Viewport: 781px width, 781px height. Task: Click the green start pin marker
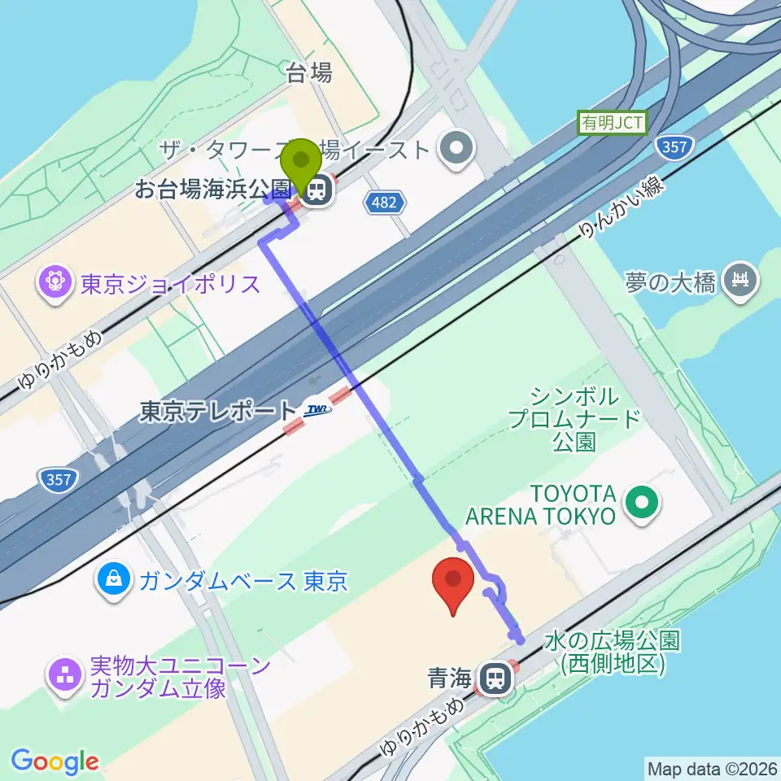tap(303, 163)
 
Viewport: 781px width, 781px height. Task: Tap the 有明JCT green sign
tap(612, 124)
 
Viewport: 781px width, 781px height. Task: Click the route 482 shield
tap(383, 203)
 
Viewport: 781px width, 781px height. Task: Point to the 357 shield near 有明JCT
tap(673, 147)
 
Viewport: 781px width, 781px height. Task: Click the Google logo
tap(55, 762)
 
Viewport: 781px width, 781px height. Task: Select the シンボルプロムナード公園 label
tap(574, 420)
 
